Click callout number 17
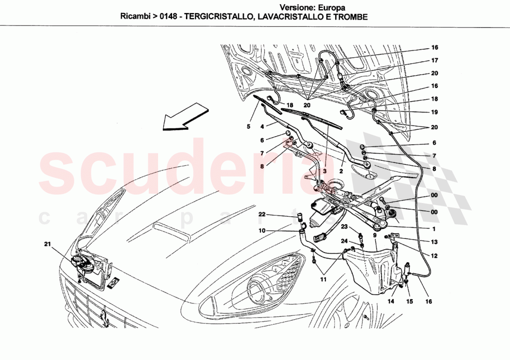pyautogui.click(x=434, y=60)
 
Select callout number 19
pyautogui.click(x=434, y=112)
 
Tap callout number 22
pyautogui.click(x=262, y=214)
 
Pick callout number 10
pyautogui.click(x=262, y=231)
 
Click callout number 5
pyautogui.click(x=248, y=126)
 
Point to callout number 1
pyautogui.click(x=434, y=228)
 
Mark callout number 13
pyautogui.click(x=434, y=241)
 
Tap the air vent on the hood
pyautogui.click(x=172, y=230)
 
